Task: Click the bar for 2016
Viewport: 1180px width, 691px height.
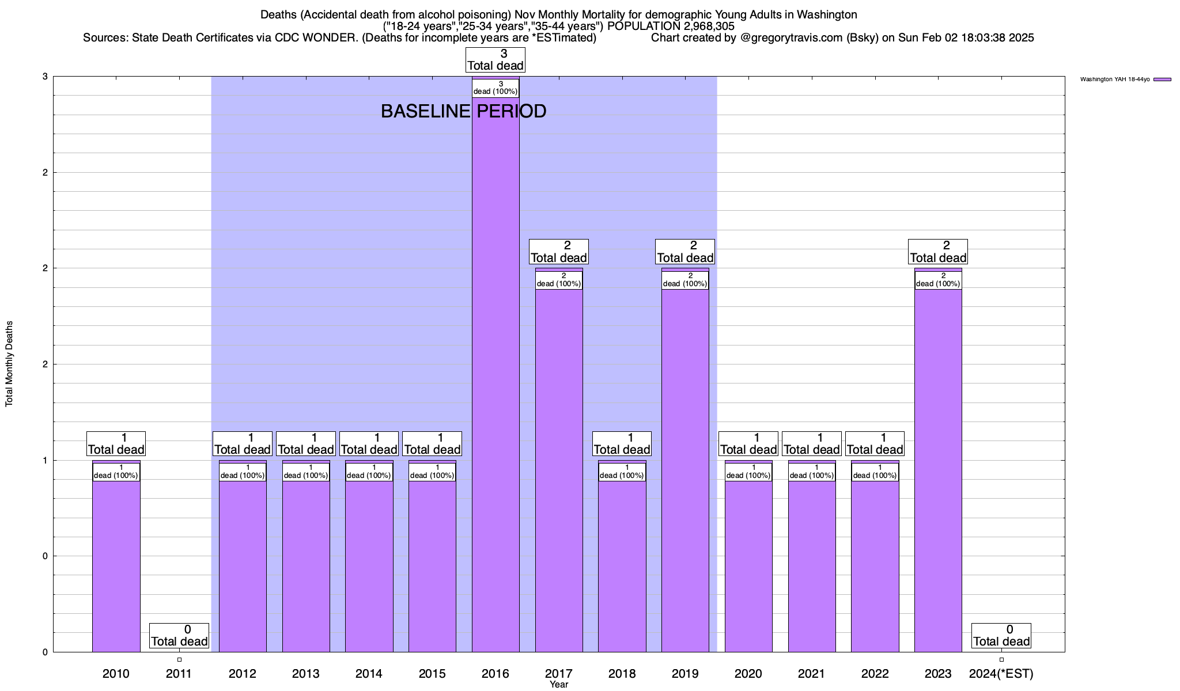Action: point(496,374)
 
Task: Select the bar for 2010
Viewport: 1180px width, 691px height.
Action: point(116,564)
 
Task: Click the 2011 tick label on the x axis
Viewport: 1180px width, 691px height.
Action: point(179,673)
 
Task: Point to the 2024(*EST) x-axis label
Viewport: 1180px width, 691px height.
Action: point(1001,673)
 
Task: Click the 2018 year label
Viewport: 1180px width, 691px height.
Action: point(622,673)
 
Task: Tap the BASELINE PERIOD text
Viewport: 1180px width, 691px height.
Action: point(463,111)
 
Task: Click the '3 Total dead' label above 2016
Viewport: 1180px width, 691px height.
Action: point(496,60)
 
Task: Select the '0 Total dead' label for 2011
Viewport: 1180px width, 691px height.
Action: point(179,636)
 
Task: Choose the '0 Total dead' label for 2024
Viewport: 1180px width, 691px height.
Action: point(1001,636)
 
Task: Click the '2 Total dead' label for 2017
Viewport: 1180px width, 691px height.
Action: point(559,252)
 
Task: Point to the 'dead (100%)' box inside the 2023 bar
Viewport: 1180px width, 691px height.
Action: point(938,280)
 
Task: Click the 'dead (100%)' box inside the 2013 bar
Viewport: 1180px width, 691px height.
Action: point(306,472)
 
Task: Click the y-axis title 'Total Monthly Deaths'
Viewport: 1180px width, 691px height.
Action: point(9,364)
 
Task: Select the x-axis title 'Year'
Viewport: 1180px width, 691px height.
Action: point(559,685)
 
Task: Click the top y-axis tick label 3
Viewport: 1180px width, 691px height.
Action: point(45,77)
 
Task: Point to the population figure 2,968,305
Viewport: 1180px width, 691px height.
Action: point(701,26)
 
